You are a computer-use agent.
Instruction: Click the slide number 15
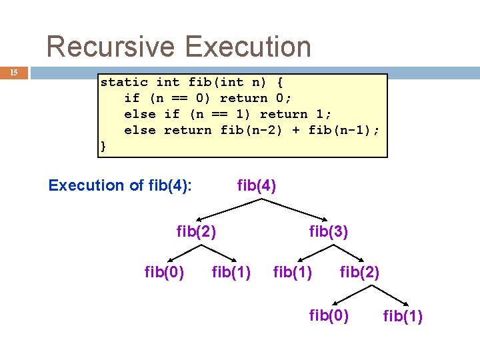tap(14, 71)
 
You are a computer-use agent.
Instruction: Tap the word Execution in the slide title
tap(248, 47)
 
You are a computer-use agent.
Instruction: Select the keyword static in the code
tap(124, 83)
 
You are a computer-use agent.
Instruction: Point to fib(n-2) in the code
tap(252, 131)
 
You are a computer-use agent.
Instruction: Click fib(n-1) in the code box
tap(340, 131)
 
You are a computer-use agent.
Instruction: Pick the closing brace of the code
tap(103, 146)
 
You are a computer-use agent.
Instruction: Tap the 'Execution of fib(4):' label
tap(120, 185)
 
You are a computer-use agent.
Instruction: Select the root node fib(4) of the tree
tap(257, 185)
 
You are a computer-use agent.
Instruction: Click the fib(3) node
tap(329, 232)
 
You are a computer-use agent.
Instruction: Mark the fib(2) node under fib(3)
tap(359, 272)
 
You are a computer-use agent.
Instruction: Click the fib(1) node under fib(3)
tap(293, 272)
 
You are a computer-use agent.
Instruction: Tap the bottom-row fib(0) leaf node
tap(329, 315)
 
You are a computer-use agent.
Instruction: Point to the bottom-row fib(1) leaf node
tap(403, 316)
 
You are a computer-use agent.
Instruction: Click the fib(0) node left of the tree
tap(165, 272)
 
